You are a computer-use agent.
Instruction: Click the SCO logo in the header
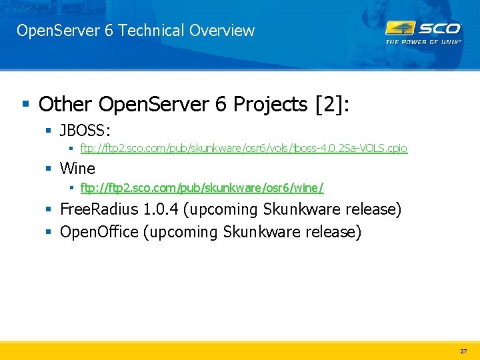(x=423, y=29)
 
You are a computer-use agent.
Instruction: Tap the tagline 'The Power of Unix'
(x=423, y=41)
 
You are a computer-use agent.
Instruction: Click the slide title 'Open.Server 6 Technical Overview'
(x=135, y=31)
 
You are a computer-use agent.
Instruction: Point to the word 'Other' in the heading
(x=65, y=104)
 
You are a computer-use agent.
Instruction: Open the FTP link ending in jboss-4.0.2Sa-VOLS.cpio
(x=244, y=149)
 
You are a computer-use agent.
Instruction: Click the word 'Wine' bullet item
(x=77, y=169)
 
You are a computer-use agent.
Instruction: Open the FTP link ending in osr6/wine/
(x=202, y=188)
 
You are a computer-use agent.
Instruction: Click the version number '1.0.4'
(x=161, y=209)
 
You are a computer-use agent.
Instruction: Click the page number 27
(x=463, y=351)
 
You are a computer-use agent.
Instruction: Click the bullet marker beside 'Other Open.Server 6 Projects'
(x=25, y=105)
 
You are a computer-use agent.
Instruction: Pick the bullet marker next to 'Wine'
(x=49, y=169)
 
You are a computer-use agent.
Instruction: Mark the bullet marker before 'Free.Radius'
(x=49, y=210)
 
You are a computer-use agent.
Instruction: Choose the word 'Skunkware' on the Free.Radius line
(x=301, y=209)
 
